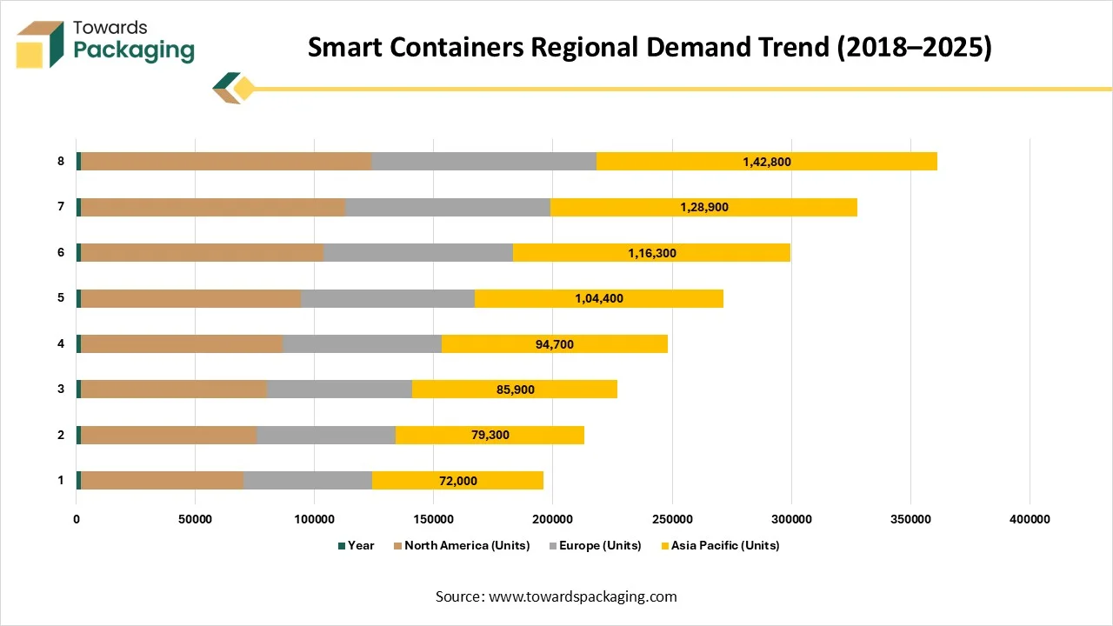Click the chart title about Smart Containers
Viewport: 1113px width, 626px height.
(650, 48)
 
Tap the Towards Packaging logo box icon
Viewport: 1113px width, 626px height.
(41, 44)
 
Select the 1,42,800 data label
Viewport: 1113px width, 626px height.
(767, 162)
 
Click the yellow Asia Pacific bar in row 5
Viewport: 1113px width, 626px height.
(599, 298)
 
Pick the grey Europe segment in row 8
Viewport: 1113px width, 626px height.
(483, 162)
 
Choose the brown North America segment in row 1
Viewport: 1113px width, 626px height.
(162, 481)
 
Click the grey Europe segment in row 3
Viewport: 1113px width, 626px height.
(339, 390)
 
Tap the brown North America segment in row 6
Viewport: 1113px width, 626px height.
(202, 253)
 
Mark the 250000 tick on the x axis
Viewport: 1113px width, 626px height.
(672, 520)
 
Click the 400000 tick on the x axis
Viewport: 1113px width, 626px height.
(1030, 520)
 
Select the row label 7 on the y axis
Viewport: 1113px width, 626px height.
(61, 207)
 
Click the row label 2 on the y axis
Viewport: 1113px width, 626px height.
(61, 435)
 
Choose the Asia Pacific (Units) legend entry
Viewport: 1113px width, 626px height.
(725, 546)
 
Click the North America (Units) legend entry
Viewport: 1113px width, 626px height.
(466, 546)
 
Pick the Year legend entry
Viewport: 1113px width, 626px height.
(360, 546)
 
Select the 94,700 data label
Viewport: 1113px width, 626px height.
(555, 344)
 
